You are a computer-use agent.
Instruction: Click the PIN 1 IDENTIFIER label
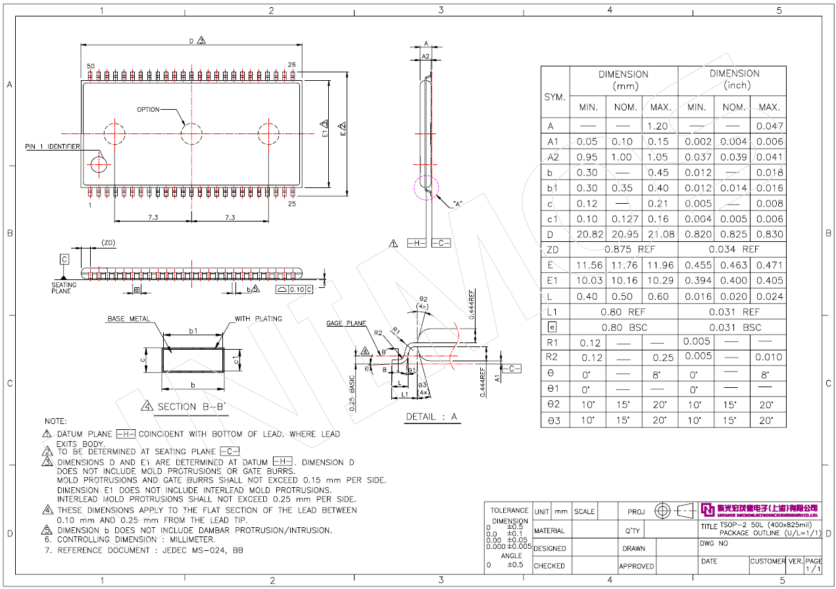53,147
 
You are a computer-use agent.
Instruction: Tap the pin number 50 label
91,66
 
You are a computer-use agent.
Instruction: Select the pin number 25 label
292,204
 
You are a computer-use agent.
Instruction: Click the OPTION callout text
148,109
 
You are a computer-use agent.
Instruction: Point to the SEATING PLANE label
64,288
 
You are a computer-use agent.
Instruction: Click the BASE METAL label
128,319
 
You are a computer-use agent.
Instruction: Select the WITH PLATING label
258,319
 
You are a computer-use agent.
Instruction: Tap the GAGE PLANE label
346,323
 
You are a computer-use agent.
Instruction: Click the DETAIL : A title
431,417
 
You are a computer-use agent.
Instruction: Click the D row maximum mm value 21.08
659,235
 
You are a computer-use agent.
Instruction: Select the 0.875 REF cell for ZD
624,250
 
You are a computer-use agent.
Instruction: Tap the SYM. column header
555,97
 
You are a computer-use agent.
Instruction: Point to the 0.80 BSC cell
624,327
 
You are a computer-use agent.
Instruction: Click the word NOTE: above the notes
56,421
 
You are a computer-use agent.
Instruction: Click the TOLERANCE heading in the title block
510,511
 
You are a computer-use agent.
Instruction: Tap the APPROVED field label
637,566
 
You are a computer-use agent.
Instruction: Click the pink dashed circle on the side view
426,188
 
